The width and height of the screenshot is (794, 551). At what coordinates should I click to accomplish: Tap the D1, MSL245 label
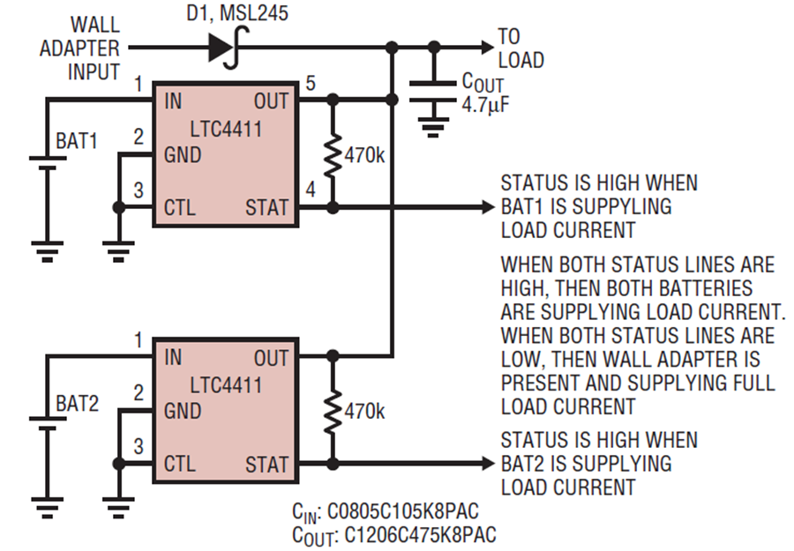click(x=237, y=12)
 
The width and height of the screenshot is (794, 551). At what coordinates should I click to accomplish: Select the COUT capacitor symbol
click(x=432, y=92)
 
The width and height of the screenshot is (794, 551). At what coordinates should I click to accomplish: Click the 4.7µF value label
click(x=485, y=105)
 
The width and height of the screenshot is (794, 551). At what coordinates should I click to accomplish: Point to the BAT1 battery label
click(x=77, y=141)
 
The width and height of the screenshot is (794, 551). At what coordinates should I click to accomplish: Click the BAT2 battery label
click(x=77, y=403)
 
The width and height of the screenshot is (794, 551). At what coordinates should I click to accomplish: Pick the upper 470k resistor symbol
click(x=333, y=155)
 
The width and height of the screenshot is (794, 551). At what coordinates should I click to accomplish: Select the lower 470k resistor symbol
click(x=333, y=412)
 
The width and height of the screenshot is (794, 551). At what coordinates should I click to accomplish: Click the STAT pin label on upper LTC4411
click(x=266, y=207)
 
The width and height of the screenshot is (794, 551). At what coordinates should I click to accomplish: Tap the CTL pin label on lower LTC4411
click(x=180, y=464)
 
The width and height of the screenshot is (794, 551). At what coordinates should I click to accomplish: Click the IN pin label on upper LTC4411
click(x=173, y=101)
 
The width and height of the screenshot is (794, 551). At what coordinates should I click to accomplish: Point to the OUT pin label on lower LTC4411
click(x=271, y=358)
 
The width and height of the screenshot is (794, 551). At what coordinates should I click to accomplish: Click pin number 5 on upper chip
click(x=311, y=83)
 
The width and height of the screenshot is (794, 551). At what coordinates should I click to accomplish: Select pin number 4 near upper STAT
click(x=311, y=190)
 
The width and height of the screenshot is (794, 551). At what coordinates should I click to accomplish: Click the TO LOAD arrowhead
click(x=487, y=48)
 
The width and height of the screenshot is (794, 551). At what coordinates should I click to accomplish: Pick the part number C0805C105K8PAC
click(x=403, y=511)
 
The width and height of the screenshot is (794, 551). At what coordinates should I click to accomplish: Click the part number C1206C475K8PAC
click(x=420, y=535)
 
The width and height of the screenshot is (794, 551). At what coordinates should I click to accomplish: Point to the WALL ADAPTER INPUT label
click(x=79, y=48)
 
